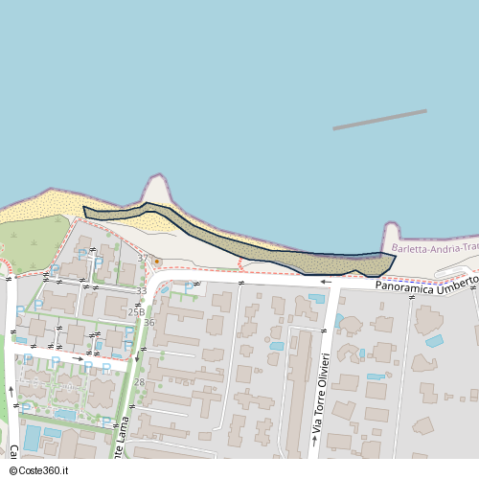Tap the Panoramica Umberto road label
tap(425, 285)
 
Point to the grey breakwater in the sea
tap(379, 119)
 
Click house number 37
tap(143, 259)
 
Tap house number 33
tap(141, 290)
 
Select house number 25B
tap(136, 311)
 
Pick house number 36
tap(149, 323)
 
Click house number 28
tap(139, 382)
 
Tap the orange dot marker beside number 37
tap(156, 261)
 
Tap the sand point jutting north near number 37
tap(154, 189)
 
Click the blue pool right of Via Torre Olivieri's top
tap(315, 299)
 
